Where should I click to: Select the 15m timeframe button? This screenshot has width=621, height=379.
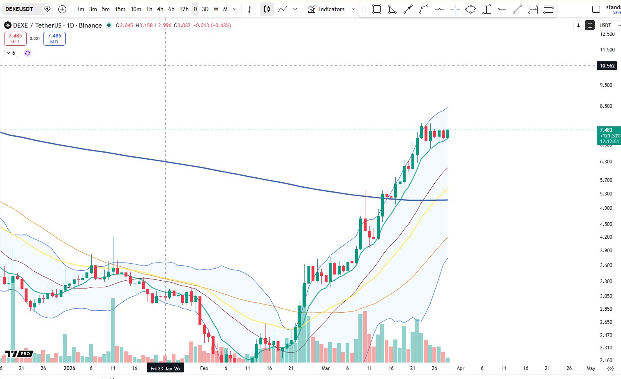pos(120,9)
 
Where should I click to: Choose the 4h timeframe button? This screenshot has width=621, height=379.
pos(160,9)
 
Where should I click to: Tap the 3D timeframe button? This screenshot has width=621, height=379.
pos(205,9)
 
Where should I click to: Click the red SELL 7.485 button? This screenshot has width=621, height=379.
pos(15,39)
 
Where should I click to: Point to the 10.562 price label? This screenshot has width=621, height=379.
pos(607,66)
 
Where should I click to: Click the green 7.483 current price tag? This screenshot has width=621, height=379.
pos(609,135)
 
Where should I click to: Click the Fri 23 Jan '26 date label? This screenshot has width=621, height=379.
pos(165,368)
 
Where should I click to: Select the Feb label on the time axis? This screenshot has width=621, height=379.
pos(204,368)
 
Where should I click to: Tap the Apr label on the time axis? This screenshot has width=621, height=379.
pos(460,368)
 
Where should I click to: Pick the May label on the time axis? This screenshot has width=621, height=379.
pos(591,368)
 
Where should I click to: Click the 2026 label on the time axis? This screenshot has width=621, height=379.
pos(69,368)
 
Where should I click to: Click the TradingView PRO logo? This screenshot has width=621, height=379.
pos(19,354)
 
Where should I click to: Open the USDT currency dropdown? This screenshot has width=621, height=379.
pos(609,26)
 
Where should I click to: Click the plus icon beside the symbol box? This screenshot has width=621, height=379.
pos(62,9)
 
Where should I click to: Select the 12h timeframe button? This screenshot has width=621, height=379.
pos(184,9)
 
